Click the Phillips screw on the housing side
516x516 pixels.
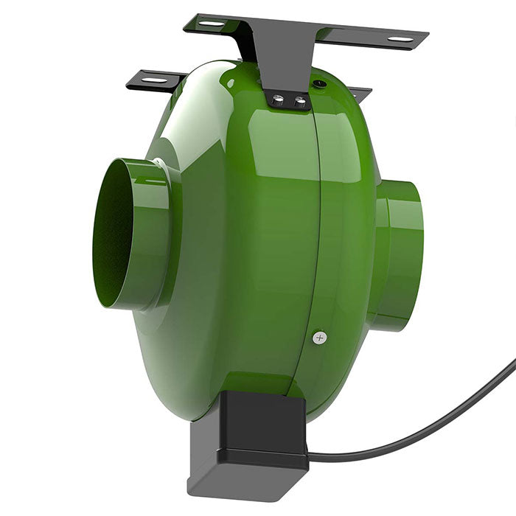[x=318, y=338]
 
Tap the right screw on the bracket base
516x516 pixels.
[x=299, y=102]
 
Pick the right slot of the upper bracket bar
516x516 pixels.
[x=400, y=38]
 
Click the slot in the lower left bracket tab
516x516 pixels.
[x=153, y=80]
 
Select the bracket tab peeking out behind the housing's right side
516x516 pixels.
[x=360, y=93]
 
